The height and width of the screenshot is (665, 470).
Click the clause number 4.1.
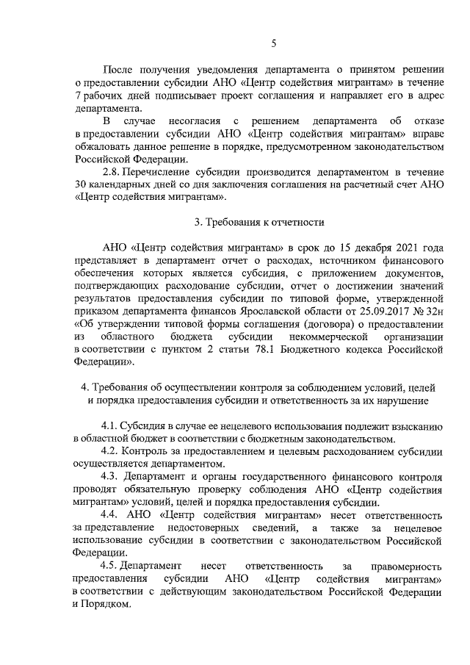point(111,426)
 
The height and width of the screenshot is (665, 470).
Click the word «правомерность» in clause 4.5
point(405,567)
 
